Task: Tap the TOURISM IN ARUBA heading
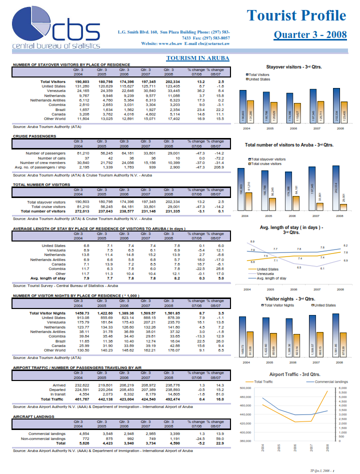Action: (x=197, y=58)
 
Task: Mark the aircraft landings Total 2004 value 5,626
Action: (x=81, y=442)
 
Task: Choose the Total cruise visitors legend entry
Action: (x=267, y=163)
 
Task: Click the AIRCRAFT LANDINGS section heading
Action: (x=33, y=416)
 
